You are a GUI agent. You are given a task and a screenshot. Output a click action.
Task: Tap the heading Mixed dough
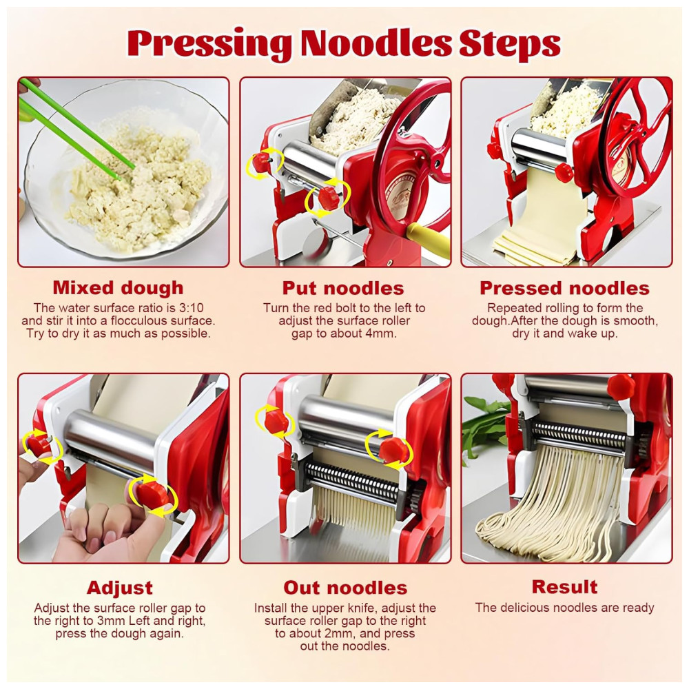click(x=119, y=288)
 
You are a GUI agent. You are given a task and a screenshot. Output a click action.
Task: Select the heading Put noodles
click(x=343, y=288)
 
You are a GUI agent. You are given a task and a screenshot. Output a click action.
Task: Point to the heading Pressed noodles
click(x=565, y=288)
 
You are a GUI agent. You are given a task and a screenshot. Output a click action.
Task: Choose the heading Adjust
click(x=119, y=588)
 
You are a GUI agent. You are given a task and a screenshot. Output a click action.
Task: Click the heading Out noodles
click(x=345, y=588)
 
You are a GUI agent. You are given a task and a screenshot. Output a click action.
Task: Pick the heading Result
click(x=565, y=587)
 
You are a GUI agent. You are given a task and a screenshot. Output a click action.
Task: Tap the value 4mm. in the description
click(x=380, y=333)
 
